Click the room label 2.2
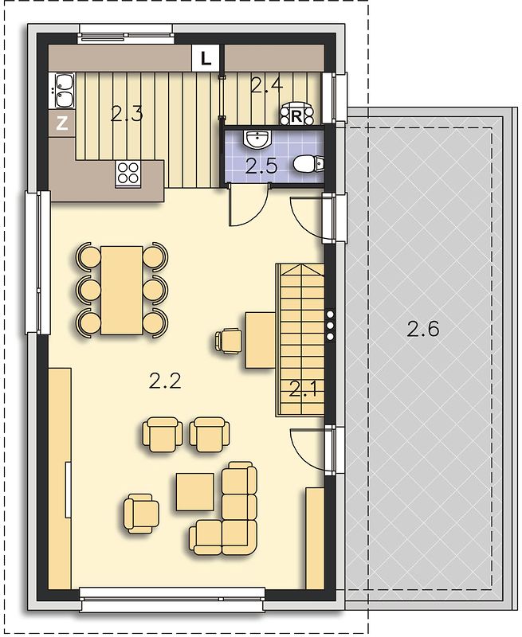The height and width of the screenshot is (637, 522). [x=165, y=381]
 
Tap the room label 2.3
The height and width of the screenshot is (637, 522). [x=127, y=115]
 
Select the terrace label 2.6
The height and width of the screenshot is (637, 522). [x=423, y=329]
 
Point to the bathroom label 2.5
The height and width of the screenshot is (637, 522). [x=261, y=166]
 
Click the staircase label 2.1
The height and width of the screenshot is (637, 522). [x=304, y=390]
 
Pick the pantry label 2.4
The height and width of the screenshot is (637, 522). [x=267, y=85]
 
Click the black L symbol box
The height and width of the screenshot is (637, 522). [x=206, y=58]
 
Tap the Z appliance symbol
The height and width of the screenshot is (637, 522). [x=62, y=123]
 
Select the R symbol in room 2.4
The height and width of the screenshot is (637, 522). [x=296, y=117]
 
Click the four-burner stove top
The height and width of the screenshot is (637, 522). [x=128, y=173]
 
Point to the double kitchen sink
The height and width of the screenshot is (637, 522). [x=63, y=91]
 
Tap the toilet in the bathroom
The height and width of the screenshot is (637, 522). [x=308, y=163]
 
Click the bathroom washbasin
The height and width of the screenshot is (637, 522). [x=257, y=139]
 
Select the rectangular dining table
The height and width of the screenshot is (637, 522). [x=122, y=290]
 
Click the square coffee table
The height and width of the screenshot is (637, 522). [x=195, y=491]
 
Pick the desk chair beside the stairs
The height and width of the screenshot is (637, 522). [x=228, y=341]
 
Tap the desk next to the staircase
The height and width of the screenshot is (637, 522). [x=260, y=341]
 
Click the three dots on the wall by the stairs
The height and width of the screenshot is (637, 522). [x=330, y=326]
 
